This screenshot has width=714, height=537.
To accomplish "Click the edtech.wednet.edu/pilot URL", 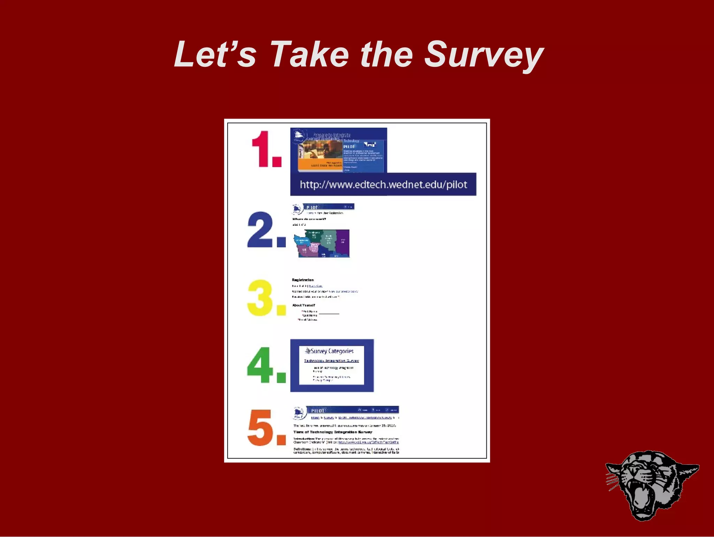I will (383, 185).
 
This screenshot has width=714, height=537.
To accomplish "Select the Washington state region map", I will (322, 243).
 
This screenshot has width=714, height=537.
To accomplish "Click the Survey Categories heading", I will (332, 351).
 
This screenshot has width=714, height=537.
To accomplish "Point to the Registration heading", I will (303, 280).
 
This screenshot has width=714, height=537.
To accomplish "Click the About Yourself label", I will (303, 305).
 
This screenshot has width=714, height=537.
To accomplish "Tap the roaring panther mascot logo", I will (651, 485).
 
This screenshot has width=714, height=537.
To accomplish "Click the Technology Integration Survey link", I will (331, 361).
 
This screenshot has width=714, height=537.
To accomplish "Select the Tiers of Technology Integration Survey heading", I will (333, 432).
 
